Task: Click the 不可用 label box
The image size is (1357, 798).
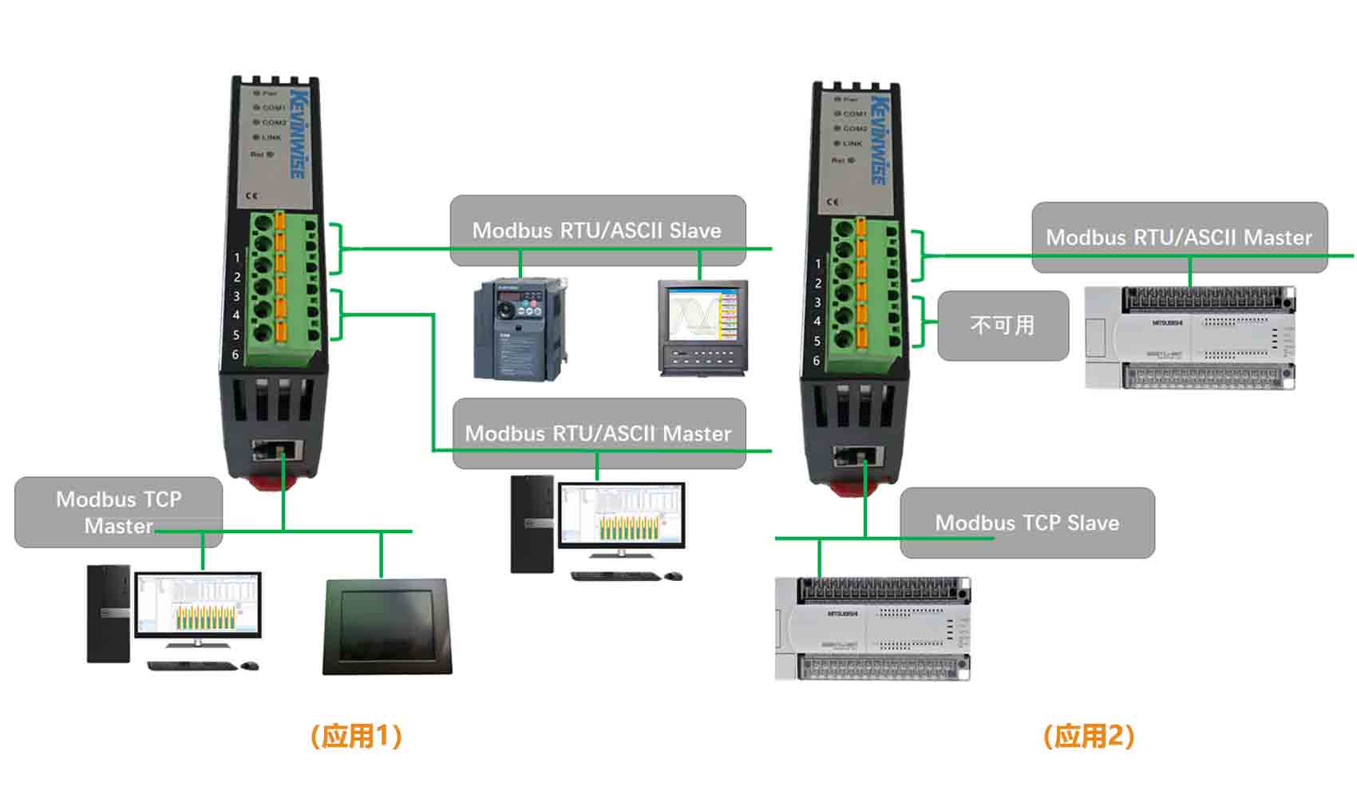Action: (x=1003, y=326)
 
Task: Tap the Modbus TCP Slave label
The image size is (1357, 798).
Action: (x=1027, y=523)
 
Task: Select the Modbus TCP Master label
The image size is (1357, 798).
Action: (x=118, y=512)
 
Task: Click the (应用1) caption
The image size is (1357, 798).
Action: (x=356, y=736)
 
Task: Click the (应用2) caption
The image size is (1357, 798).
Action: (x=1089, y=736)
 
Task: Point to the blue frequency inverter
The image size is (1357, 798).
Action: (x=519, y=329)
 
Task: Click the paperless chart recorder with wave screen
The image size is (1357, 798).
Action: (x=702, y=327)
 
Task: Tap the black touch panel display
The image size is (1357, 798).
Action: (x=387, y=626)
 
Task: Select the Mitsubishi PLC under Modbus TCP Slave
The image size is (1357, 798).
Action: (x=872, y=629)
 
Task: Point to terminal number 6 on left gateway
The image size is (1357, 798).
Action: (x=235, y=354)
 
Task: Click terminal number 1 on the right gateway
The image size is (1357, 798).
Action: (x=817, y=263)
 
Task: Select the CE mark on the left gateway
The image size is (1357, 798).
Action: (x=252, y=196)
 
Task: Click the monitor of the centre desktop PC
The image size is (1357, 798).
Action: (x=622, y=515)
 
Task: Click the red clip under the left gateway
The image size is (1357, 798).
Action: (x=272, y=481)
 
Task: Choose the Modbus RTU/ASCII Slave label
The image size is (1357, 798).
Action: (x=597, y=230)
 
